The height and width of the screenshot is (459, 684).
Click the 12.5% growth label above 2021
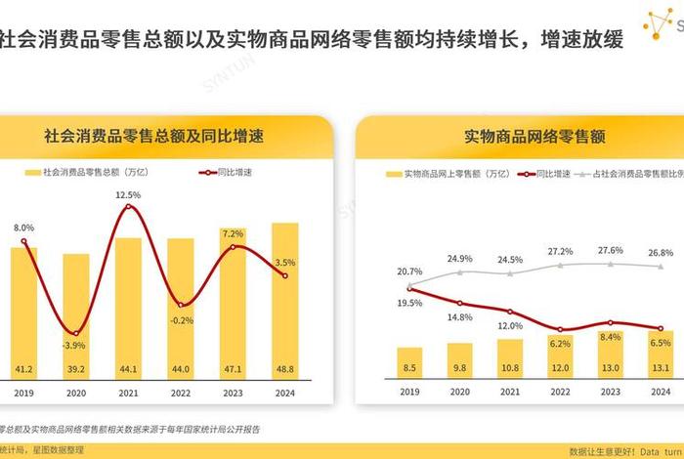pyautogui.click(x=128, y=195)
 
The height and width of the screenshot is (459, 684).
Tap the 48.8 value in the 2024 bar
pyautogui.click(x=284, y=369)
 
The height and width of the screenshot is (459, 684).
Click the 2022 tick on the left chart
pyautogui.click(x=180, y=394)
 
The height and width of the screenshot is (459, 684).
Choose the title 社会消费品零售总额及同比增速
pyautogui.click(x=160, y=135)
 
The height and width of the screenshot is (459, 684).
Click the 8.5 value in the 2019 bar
pyautogui.click(x=409, y=369)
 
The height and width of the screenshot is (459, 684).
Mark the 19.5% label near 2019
pyautogui.click(x=410, y=303)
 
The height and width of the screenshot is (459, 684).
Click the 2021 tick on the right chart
pyautogui.click(x=510, y=394)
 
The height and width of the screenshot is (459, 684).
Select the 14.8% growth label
pyautogui.click(x=460, y=317)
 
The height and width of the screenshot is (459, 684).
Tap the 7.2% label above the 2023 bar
pyautogui.click(x=233, y=234)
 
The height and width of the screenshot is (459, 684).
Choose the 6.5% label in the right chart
pyautogui.click(x=660, y=343)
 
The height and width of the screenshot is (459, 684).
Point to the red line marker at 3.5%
pyautogui.click(x=284, y=276)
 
